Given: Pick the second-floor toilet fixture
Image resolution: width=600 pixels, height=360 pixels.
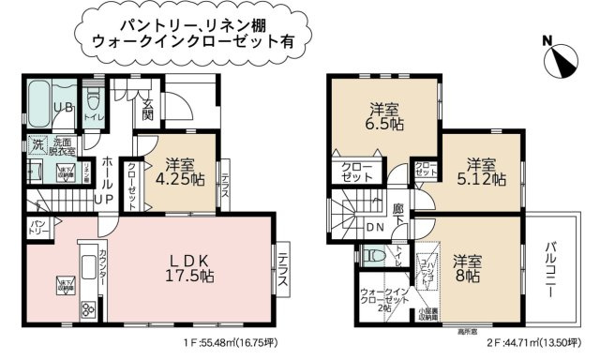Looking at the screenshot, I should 372,256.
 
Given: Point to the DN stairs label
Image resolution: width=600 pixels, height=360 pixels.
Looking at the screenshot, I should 373,227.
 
